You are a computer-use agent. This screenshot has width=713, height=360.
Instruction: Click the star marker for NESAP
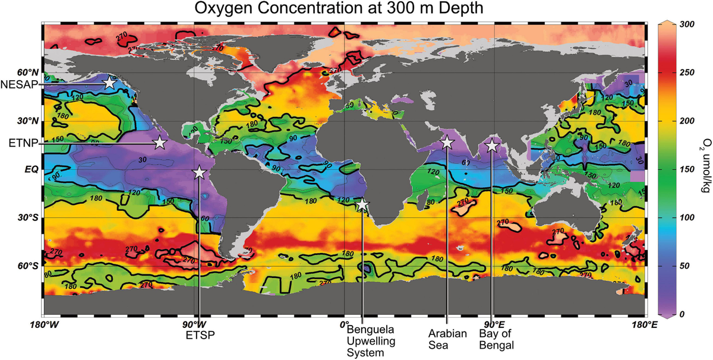pos(109,83)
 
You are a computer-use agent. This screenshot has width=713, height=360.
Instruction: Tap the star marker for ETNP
pos(159,143)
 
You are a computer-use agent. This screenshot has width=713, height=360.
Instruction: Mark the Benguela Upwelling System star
pos(362,205)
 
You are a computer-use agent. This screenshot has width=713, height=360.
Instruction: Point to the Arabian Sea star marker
pos(447,143)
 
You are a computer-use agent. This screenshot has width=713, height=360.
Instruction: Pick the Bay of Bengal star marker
pos(491,146)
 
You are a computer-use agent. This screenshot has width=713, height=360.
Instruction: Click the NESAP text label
pos(20,84)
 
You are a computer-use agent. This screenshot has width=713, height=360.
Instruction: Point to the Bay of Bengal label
pos(496,339)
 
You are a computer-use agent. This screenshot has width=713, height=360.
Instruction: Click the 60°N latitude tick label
pos(26,72)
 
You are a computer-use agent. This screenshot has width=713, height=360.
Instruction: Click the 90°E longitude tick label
pos(493,325)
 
